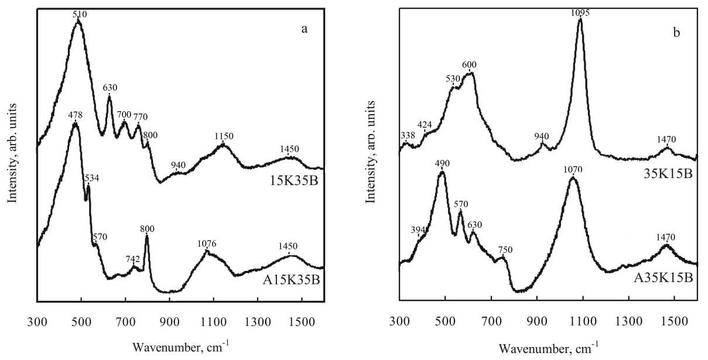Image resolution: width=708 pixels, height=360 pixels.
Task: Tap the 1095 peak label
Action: point(580,13)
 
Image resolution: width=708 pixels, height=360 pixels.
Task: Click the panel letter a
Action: point(304,30)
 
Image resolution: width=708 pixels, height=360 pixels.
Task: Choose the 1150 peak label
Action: point(224,136)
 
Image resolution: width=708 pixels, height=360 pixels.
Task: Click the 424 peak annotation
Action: point(425,125)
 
